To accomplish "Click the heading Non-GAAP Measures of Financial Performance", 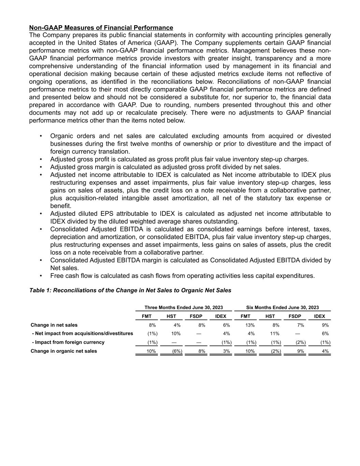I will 101,28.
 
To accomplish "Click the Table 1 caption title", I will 130,291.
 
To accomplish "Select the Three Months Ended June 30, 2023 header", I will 184,308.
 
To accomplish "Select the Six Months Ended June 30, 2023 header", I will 283,308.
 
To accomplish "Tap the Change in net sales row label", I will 54,325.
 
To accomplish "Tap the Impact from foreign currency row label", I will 68,342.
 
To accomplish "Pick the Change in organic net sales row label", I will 64,351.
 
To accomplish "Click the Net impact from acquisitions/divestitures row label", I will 83,334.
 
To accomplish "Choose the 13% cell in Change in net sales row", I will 250,325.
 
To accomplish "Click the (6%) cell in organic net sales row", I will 177,351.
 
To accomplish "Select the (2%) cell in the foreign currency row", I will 300,342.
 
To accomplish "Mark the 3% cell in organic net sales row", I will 227,351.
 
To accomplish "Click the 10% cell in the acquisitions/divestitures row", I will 176,334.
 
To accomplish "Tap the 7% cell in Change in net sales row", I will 300,325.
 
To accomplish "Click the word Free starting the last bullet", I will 57,276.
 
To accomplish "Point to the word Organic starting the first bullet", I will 61,136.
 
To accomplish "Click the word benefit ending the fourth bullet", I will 61,206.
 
